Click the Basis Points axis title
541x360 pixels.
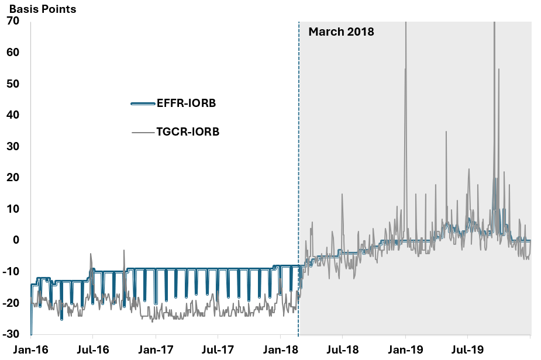point(42,9)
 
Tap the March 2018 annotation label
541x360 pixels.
point(341,32)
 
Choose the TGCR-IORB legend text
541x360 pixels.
point(188,132)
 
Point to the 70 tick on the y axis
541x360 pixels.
point(13,21)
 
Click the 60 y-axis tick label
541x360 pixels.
point(13,53)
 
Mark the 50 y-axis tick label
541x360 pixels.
point(13,84)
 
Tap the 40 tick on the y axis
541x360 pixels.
point(13,115)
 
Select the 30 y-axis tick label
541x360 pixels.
point(13,147)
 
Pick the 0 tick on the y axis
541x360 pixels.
point(16,240)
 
